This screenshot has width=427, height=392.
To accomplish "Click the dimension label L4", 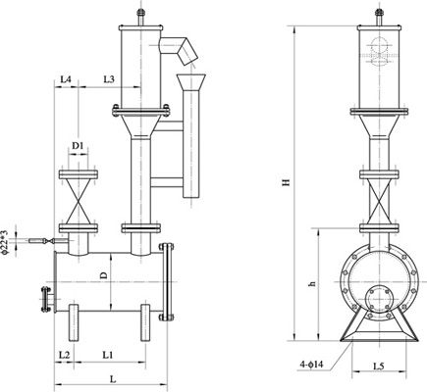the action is [66, 79].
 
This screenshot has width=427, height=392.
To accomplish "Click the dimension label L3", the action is [109, 79].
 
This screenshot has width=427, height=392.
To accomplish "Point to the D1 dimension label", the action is [79, 146].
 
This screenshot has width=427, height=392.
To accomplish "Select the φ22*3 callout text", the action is [4, 242].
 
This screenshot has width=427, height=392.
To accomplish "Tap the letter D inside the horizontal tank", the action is [103, 275].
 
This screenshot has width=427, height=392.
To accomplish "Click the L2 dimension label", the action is [64, 355].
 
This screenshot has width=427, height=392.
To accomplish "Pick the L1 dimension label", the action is [108, 355].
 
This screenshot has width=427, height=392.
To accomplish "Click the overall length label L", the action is [113, 379].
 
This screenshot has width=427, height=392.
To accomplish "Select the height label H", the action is [287, 182].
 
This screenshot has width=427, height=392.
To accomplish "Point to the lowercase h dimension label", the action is [313, 284].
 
